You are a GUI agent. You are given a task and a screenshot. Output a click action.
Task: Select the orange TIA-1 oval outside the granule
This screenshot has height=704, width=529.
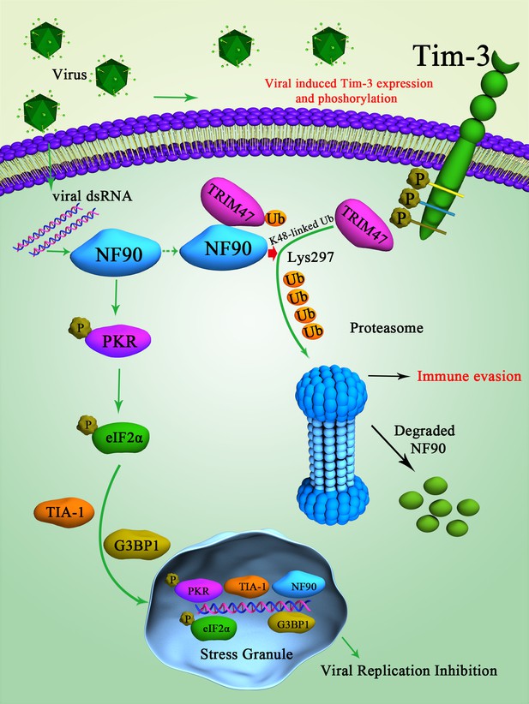tap(64, 511)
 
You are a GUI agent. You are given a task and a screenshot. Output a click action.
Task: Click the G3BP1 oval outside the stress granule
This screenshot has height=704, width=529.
tap(137, 546)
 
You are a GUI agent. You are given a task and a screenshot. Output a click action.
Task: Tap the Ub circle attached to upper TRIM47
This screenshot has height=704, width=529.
tap(276, 218)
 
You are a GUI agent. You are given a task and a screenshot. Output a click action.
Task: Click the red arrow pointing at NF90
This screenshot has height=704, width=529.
tap(273, 253)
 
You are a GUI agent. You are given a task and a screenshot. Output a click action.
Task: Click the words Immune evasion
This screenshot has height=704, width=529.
tap(469, 376)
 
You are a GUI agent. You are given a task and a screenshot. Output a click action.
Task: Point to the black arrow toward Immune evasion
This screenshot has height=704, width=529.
tap(389, 377)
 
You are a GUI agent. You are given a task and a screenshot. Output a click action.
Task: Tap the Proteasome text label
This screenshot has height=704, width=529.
tap(387, 328)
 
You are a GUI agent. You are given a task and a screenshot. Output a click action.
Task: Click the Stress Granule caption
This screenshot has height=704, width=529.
tap(246, 653)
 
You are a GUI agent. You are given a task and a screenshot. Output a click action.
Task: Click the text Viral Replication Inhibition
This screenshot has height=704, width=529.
tap(409, 671)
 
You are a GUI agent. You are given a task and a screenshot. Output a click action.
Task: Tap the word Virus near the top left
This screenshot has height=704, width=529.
tap(69, 74)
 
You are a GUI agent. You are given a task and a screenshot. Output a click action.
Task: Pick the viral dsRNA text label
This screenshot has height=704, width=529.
tap(93, 196)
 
